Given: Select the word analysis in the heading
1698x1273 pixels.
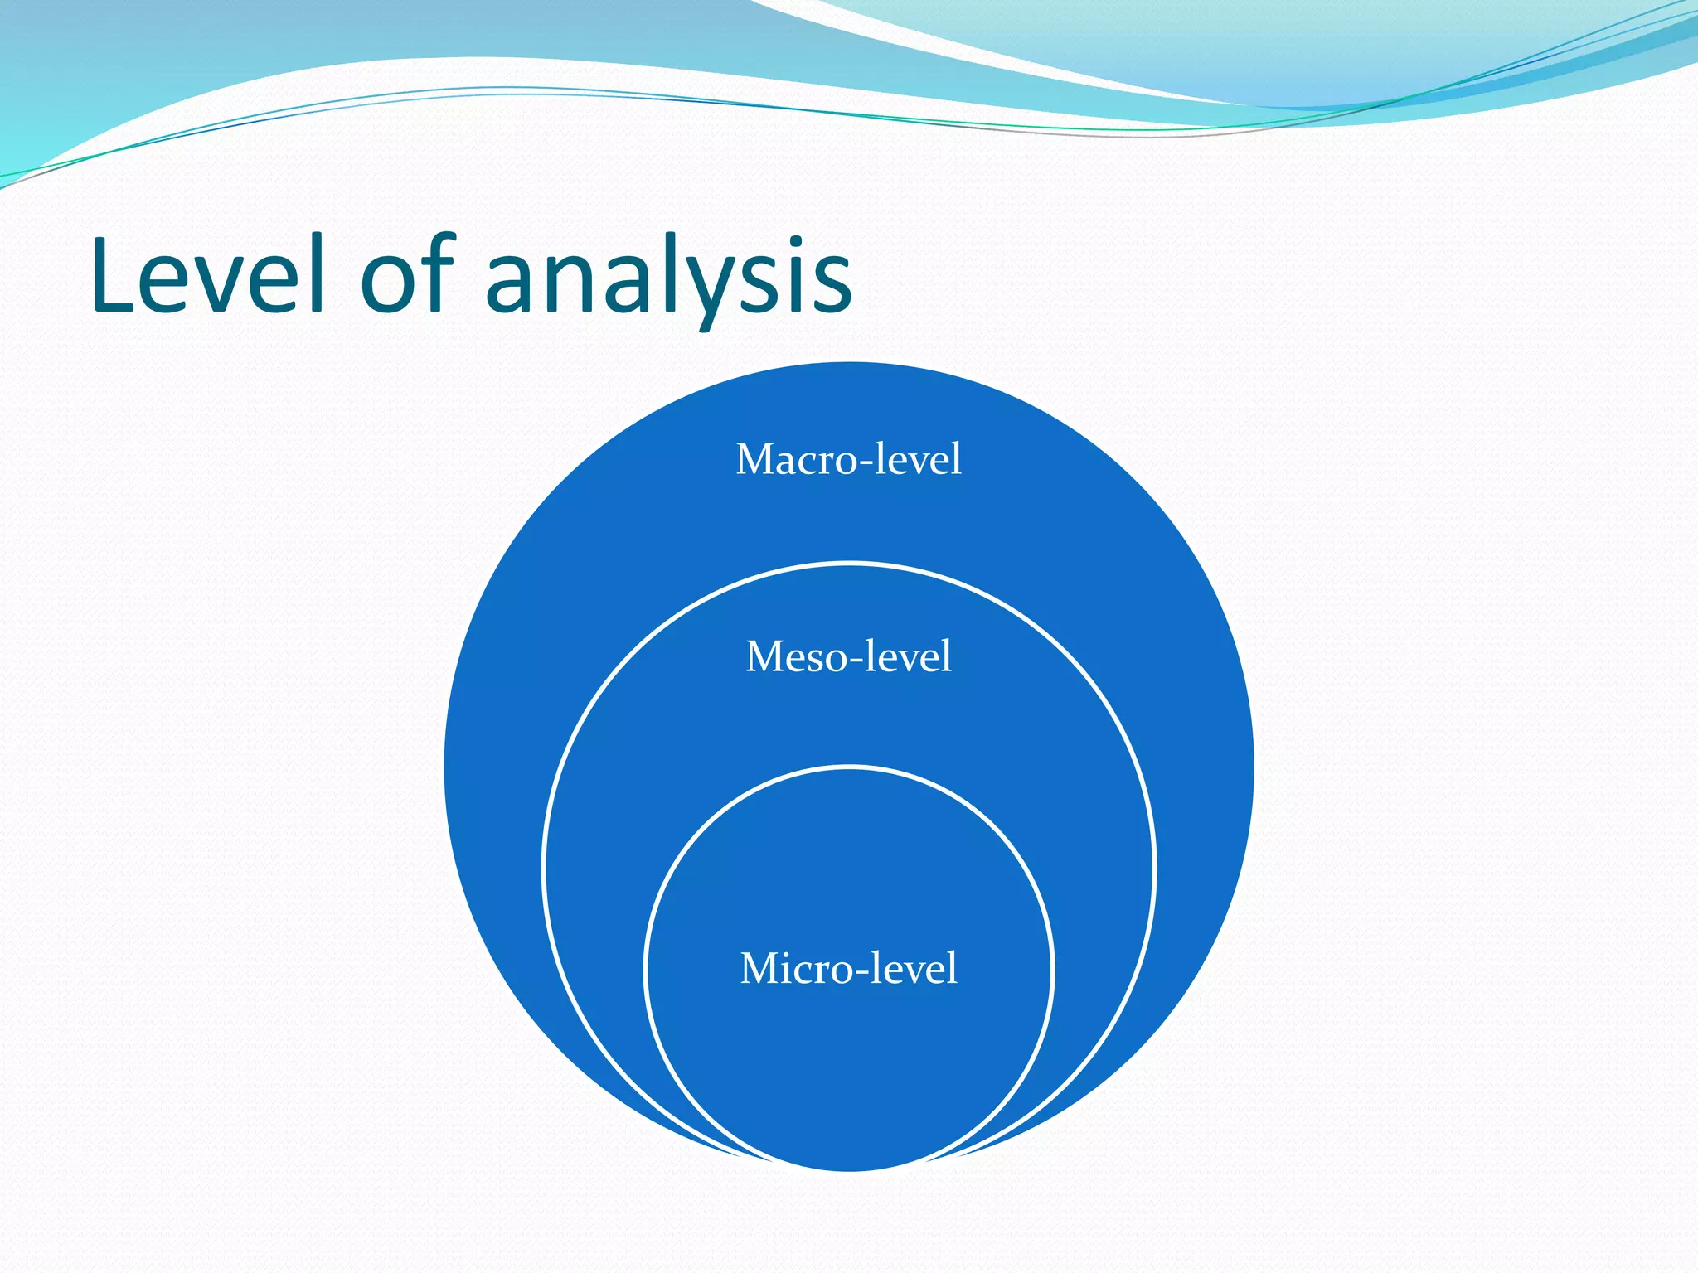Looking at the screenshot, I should (668, 278).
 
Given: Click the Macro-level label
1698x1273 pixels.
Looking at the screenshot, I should (848, 459).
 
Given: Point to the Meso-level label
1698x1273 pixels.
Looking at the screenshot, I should (848, 656).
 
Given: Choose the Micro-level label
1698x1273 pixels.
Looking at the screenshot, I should (848, 968).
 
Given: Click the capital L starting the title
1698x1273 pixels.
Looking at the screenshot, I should (111, 274).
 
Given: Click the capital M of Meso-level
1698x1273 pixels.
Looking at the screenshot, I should (763, 656).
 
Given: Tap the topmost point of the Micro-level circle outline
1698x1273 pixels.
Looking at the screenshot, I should (849, 767).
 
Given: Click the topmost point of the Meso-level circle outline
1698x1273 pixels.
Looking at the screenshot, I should (849, 564).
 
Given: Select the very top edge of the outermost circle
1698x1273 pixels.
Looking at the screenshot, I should (849, 364).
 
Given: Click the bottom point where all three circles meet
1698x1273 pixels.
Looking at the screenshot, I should (849, 1169).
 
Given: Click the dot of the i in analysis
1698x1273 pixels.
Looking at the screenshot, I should (778, 242).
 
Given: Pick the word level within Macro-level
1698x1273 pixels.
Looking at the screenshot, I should (920, 459).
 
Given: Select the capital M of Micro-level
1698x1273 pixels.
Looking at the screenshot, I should (759, 968).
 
